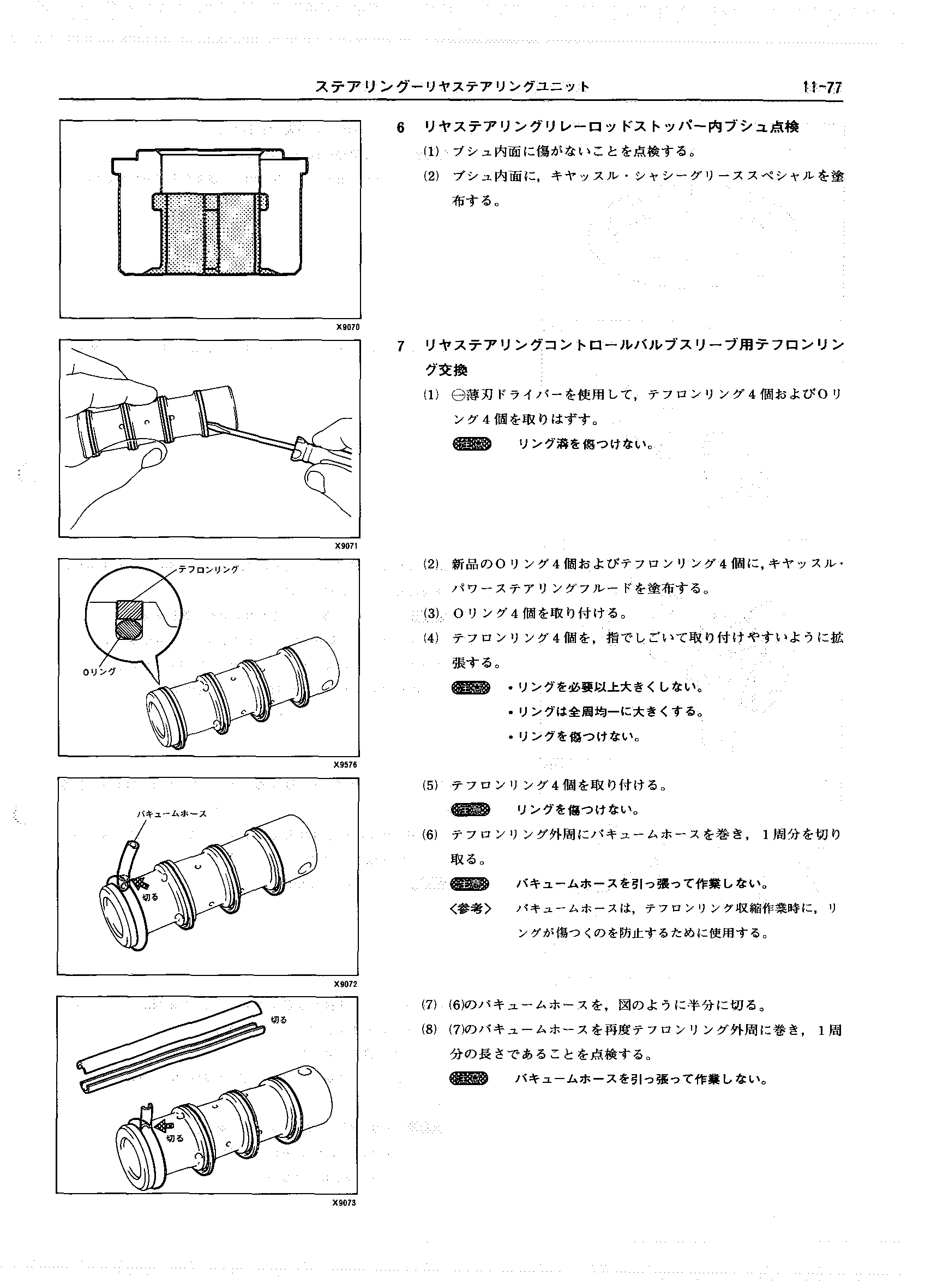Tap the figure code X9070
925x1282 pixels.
[x=347, y=327]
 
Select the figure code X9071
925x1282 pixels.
[x=347, y=546]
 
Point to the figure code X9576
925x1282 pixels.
[x=346, y=765]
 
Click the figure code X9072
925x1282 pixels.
[x=345, y=984]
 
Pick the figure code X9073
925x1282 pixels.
[x=344, y=1203]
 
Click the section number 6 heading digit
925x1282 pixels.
[x=401, y=128]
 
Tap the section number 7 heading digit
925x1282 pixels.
[x=401, y=346]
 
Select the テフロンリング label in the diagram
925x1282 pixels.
[x=208, y=570]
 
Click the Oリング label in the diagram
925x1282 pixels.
[x=99, y=672]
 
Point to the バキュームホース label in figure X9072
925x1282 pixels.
[x=172, y=814]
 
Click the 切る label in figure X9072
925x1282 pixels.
[x=150, y=897]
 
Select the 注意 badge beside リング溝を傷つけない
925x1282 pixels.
[x=472, y=445]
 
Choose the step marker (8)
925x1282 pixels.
[x=429, y=1031]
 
